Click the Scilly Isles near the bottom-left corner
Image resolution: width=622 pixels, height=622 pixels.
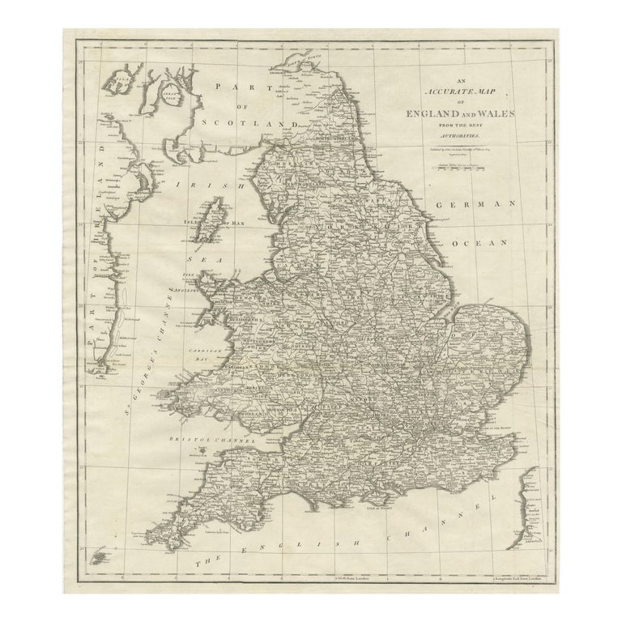(100, 557)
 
